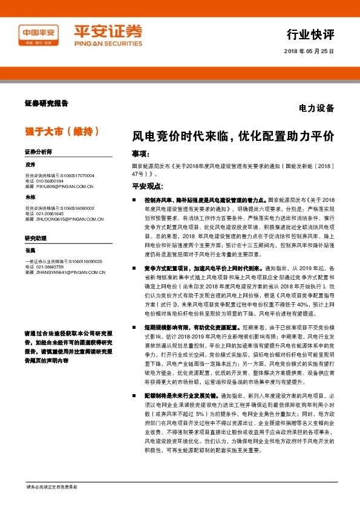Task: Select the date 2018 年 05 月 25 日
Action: coord(309,51)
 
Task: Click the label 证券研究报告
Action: coord(47,103)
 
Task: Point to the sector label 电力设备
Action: coord(316,109)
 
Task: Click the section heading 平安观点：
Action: coord(148,186)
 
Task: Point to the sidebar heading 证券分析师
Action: coord(38,151)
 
